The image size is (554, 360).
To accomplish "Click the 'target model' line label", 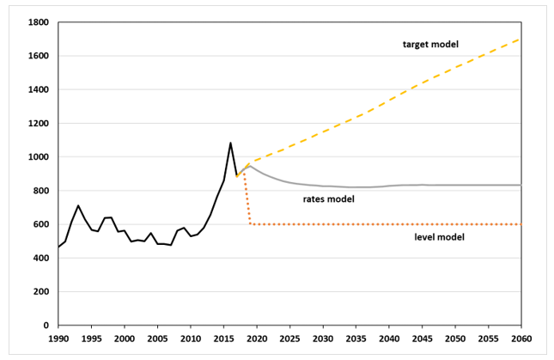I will (431, 43).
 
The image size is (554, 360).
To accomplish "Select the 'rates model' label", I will (328, 199).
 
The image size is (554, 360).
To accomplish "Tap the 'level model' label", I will (439, 236).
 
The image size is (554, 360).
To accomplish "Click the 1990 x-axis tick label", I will (58, 339).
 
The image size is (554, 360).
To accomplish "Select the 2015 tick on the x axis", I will (223, 339).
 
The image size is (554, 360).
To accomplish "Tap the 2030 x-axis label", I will (323, 339).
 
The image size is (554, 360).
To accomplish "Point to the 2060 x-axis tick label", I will (521, 339).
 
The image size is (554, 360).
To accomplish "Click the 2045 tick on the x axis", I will (422, 339).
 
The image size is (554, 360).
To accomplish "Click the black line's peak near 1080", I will (230, 143).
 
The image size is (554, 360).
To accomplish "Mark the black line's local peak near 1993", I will (78, 205).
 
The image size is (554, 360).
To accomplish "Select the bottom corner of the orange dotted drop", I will (250, 224).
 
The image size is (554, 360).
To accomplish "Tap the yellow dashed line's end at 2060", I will (521, 39).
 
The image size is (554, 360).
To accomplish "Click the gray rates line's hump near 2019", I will (250, 165).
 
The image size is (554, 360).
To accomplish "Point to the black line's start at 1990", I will (58, 247).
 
